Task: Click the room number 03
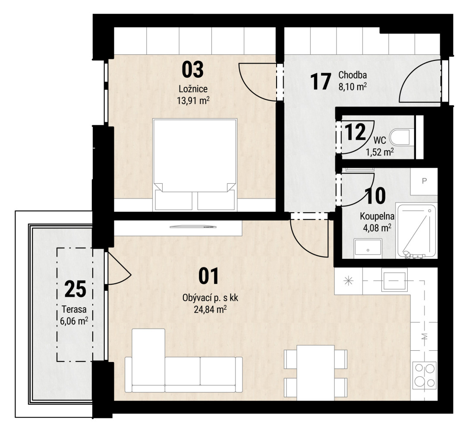192,70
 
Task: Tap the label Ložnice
193,89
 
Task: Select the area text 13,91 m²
193,100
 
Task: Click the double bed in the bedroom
195,165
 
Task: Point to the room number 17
320,82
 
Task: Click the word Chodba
353,75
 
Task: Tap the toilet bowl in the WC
402,137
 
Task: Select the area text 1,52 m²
380,152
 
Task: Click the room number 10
376,196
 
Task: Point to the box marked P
424,181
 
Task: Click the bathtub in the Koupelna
417,231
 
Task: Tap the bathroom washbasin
368,248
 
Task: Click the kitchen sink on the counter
394,280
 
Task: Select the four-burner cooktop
425,376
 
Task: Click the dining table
315,373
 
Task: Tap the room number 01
208,276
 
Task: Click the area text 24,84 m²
210,310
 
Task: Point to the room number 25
75,289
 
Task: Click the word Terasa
74,309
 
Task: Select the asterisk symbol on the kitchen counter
348,280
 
